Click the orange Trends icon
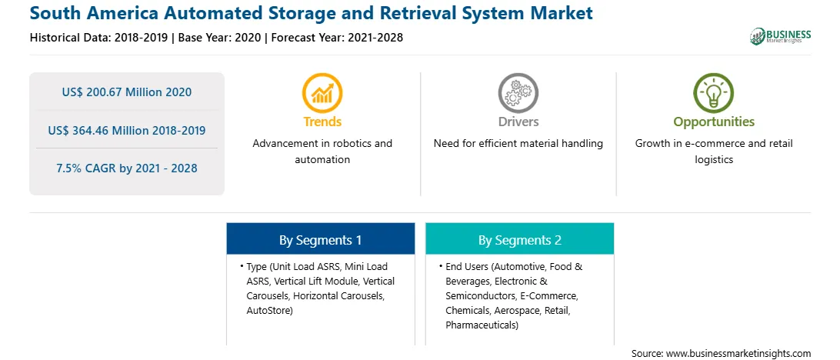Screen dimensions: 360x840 [322, 93]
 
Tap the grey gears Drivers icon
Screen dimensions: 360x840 [518, 93]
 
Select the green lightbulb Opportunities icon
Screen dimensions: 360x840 [713, 93]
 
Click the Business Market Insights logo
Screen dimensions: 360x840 [780, 36]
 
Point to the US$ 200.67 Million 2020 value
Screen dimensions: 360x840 [127, 92]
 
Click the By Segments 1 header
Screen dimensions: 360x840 [320, 240]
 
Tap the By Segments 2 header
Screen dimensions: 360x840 [519, 240]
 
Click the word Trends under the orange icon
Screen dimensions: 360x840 [322, 122]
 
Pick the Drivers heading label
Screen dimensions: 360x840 [518, 122]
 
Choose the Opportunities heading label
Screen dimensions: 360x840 [713, 122]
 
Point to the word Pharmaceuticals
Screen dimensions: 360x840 [482, 325]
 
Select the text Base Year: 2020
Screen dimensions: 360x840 [222, 37]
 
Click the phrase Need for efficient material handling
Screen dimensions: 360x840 [518, 144]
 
